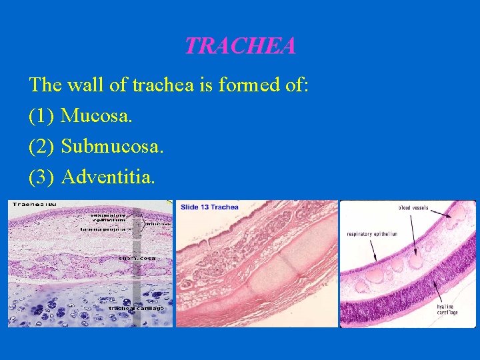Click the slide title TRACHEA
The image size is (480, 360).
pos(240,46)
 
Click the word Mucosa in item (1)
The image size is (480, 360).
pos(97,116)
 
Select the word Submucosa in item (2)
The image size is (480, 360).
pos(112,146)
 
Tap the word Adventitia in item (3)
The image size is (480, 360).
pos(108,176)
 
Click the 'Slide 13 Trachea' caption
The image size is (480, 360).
pos(209,207)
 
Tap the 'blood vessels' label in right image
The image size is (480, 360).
pos(413,208)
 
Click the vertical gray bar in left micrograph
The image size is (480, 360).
pos(137,267)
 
